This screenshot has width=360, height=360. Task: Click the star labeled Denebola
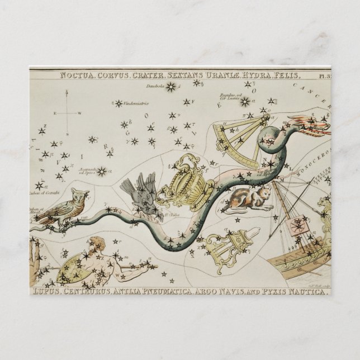pyautogui.click(x=172, y=87)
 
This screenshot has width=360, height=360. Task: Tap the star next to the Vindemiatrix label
pyautogui.click(x=118, y=103)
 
